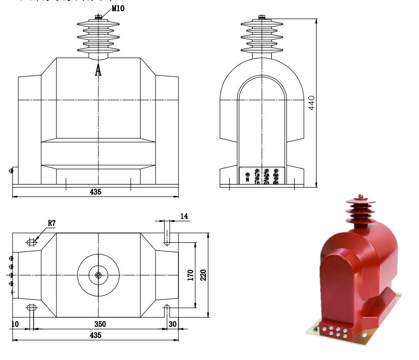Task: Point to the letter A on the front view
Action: click(x=98, y=70)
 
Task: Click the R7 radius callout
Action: click(x=52, y=223)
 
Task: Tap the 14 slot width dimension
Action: click(x=185, y=217)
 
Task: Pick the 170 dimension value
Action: click(x=190, y=275)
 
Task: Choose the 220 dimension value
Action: click(x=203, y=275)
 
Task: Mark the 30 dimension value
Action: click(x=172, y=324)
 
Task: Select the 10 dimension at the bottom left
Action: click(x=15, y=324)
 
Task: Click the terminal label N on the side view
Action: click(x=247, y=179)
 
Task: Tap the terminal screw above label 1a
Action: click(x=257, y=171)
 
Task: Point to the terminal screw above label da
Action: click(x=276, y=171)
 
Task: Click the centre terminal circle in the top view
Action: click(x=98, y=275)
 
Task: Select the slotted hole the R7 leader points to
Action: click(x=32, y=242)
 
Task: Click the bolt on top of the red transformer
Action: click(x=360, y=197)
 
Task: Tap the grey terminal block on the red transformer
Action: click(x=332, y=331)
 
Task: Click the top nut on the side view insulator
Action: click(x=261, y=18)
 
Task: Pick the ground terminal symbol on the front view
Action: click(x=11, y=170)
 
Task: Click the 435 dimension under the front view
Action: click(x=96, y=192)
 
